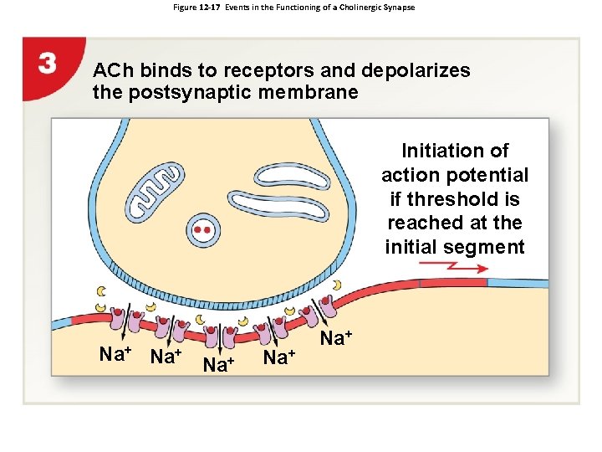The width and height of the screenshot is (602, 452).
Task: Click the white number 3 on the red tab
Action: (48, 64)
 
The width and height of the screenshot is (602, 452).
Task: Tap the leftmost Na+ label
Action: (118, 354)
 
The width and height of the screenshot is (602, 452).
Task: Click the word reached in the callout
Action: (421, 223)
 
